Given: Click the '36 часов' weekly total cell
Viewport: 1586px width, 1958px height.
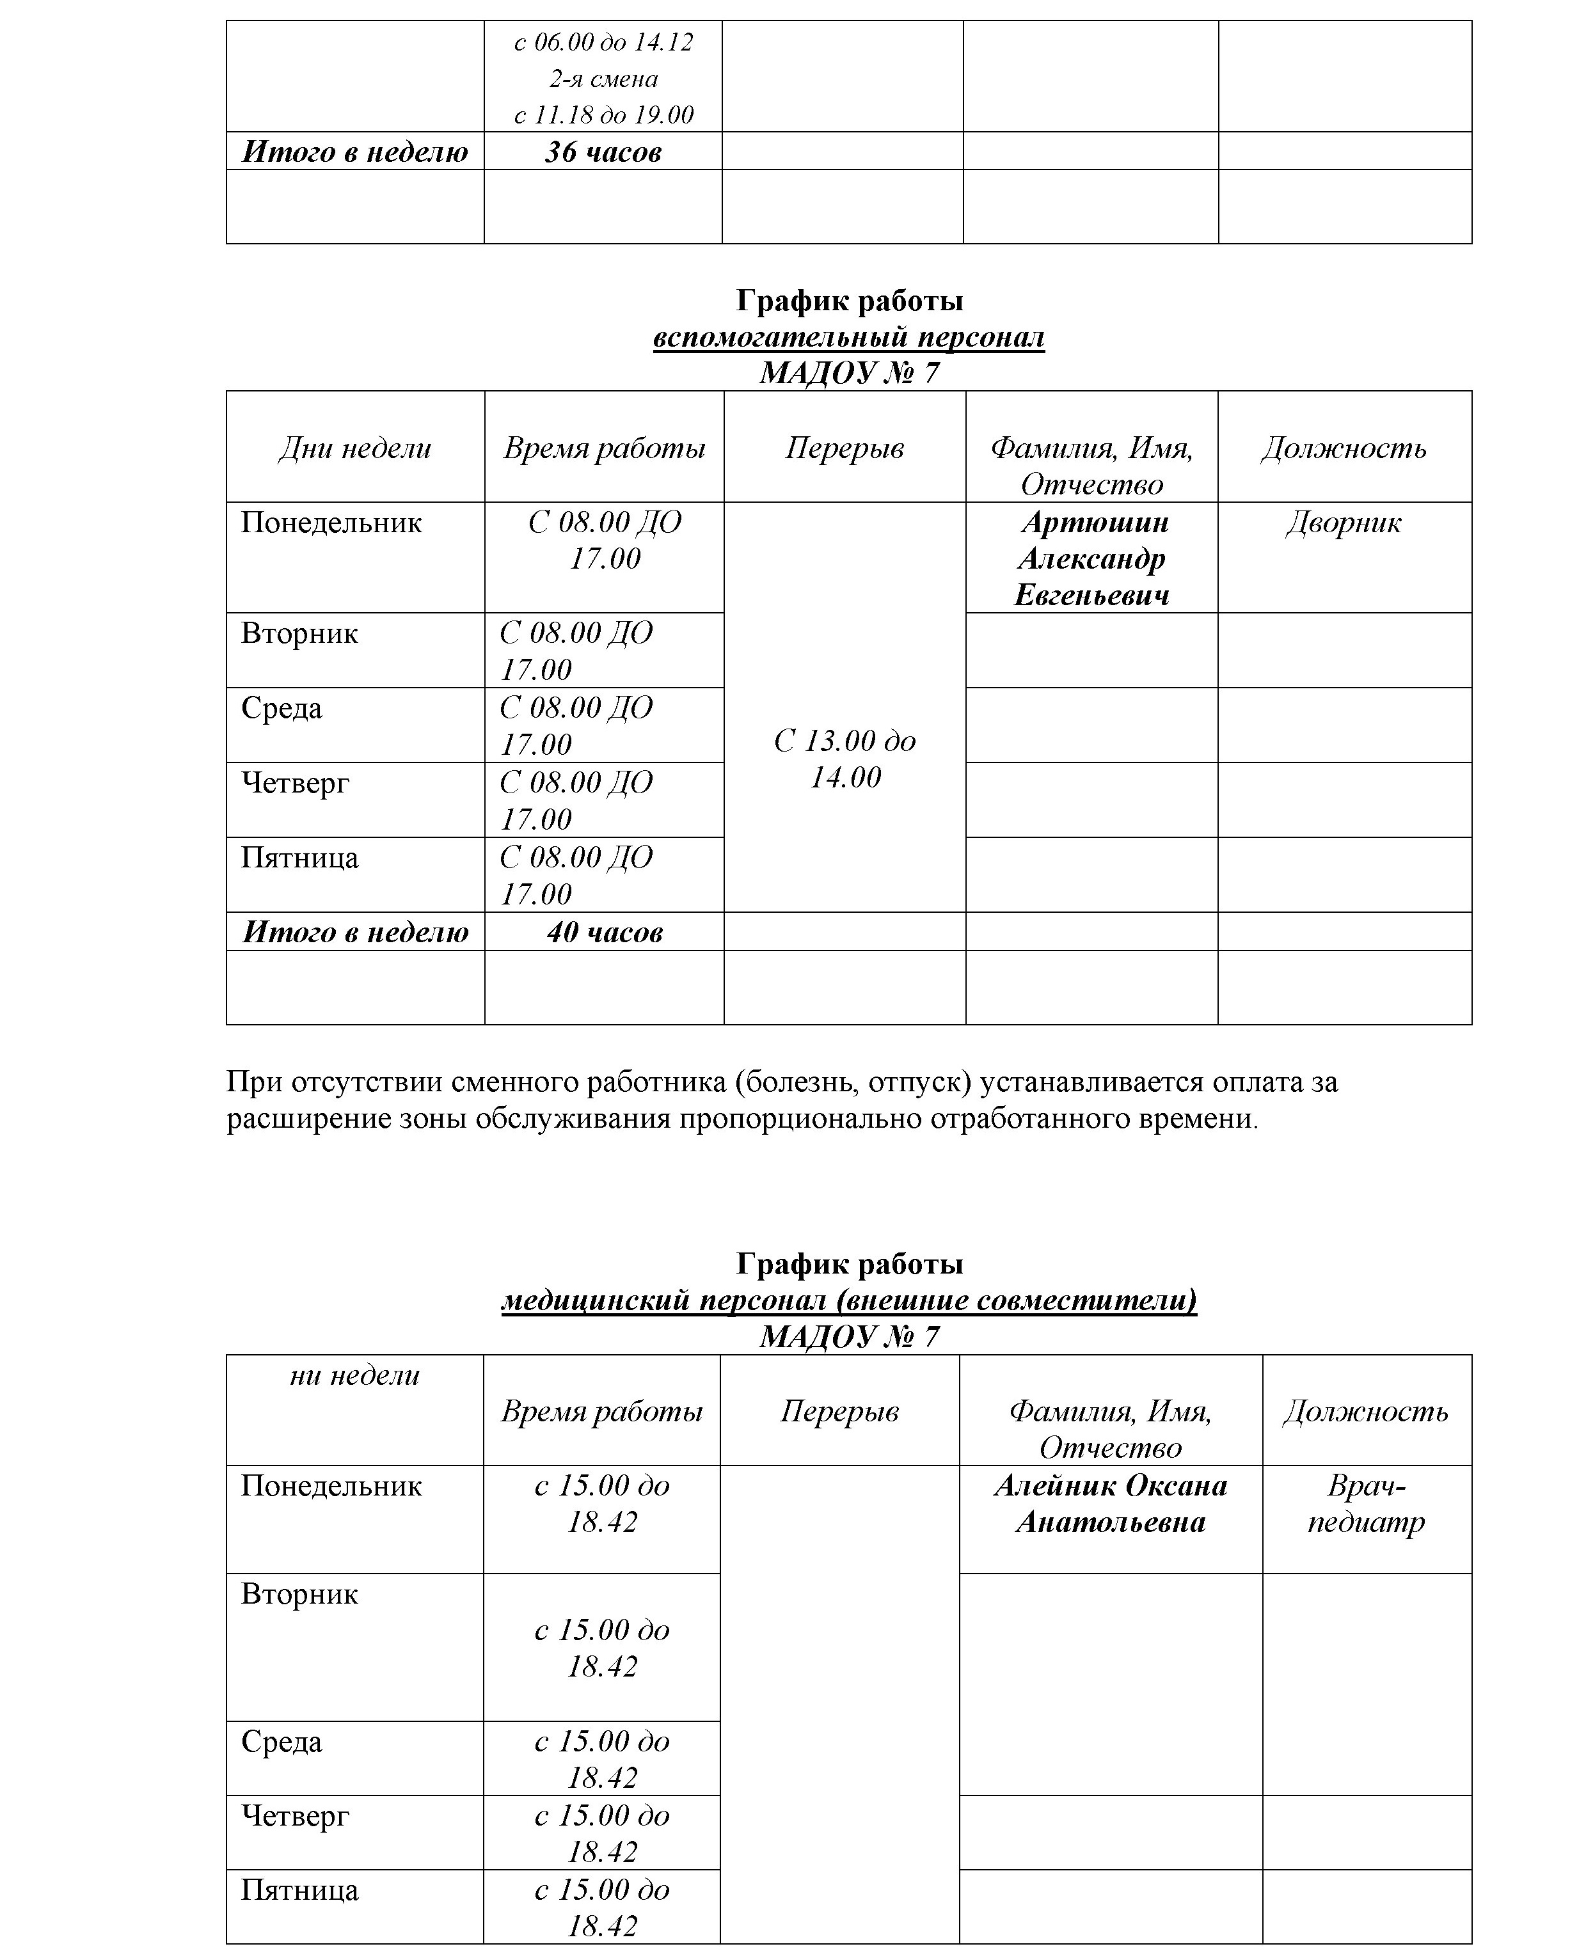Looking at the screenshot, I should pyautogui.click(x=603, y=152).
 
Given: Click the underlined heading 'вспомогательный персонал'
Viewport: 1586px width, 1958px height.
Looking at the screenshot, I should pyautogui.click(x=849, y=337).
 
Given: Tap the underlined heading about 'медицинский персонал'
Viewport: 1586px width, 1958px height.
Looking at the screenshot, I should pyautogui.click(x=849, y=1300).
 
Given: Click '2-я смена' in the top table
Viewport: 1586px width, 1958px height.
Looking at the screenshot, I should pyautogui.click(x=603, y=79).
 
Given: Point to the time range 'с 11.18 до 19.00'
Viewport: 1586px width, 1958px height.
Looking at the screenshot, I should pyautogui.click(x=603, y=115).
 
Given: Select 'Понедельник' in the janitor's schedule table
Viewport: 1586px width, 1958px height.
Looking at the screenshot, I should pyautogui.click(x=331, y=523).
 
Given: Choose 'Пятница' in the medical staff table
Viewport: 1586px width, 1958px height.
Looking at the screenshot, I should pyautogui.click(x=299, y=1890).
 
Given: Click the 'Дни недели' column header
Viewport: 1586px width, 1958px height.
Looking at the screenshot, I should pyautogui.click(x=354, y=448).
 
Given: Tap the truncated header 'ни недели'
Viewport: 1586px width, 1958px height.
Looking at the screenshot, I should pyautogui.click(x=354, y=1375).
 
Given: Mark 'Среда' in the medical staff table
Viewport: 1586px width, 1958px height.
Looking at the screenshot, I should pyautogui.click(x=282, y=1742).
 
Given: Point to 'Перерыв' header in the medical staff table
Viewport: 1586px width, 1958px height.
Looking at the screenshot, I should pyautogui.click(x=839, y=1411).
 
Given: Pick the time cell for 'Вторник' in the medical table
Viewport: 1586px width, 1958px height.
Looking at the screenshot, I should pyautogui.click(x=602, y=1648).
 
